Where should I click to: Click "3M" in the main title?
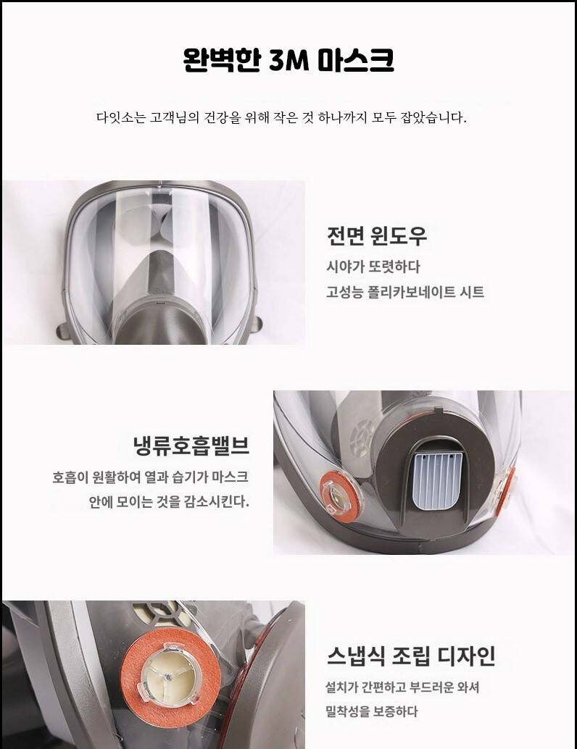(x=288, y=60)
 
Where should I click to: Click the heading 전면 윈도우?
(x=377, y=235)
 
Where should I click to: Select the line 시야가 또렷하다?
(x=373, y=267)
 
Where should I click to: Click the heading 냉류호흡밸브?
(x=191, y=445)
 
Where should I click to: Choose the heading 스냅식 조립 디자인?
(x=411, y=656)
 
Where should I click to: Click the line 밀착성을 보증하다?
(x=372, y=711)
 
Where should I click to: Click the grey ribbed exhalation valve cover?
(x=435, y=480)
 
